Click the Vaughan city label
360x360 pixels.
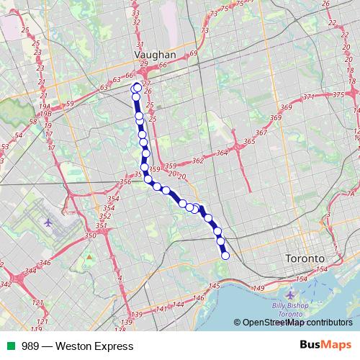click(x=156, y=54)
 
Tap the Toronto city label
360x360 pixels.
click(x=305, y=258)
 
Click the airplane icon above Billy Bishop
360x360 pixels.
click(x=290, y=295)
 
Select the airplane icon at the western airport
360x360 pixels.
click(x=48, y=222)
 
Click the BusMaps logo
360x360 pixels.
click(x=326, y=346)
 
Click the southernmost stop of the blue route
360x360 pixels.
click(x=225, y=255)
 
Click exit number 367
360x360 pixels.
click(x=261, y=133)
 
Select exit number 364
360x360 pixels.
click(x=222, y=153)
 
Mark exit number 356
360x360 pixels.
click(x=125, y=182)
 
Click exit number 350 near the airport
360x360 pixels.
click(x=90, y=235)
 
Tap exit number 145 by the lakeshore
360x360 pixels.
click(x=215, y=287)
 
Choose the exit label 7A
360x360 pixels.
click(x=351, y=194)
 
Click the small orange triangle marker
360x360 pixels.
click(x=89, y=256)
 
